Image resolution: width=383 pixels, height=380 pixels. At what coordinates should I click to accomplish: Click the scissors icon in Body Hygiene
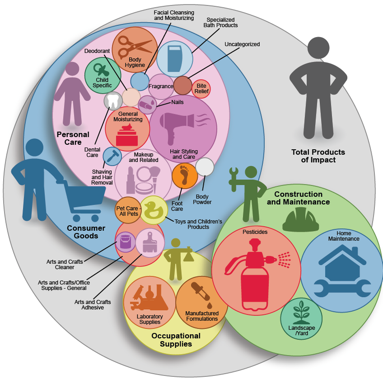pyautogui.click(x=134, y=46)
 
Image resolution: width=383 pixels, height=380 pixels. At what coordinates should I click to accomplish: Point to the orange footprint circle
pyautogui.click(x=184, y=175)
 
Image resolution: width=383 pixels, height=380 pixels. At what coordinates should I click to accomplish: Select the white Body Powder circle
pyautogui.click(x=205, y=167)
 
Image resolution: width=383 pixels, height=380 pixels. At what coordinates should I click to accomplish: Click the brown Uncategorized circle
pyautogui.click(x=183, y=85)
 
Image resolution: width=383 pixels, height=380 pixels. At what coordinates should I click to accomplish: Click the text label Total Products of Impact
pyautogui.click(x=318, y=156)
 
